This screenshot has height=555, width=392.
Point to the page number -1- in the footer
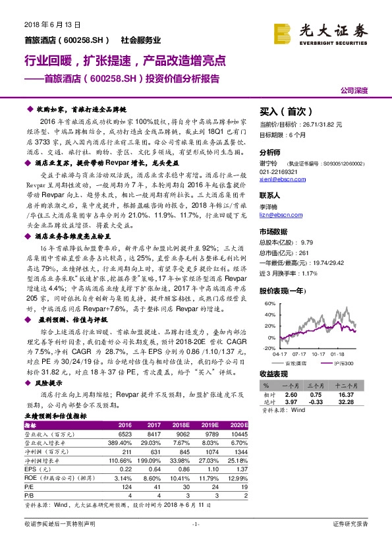(195, 542)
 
